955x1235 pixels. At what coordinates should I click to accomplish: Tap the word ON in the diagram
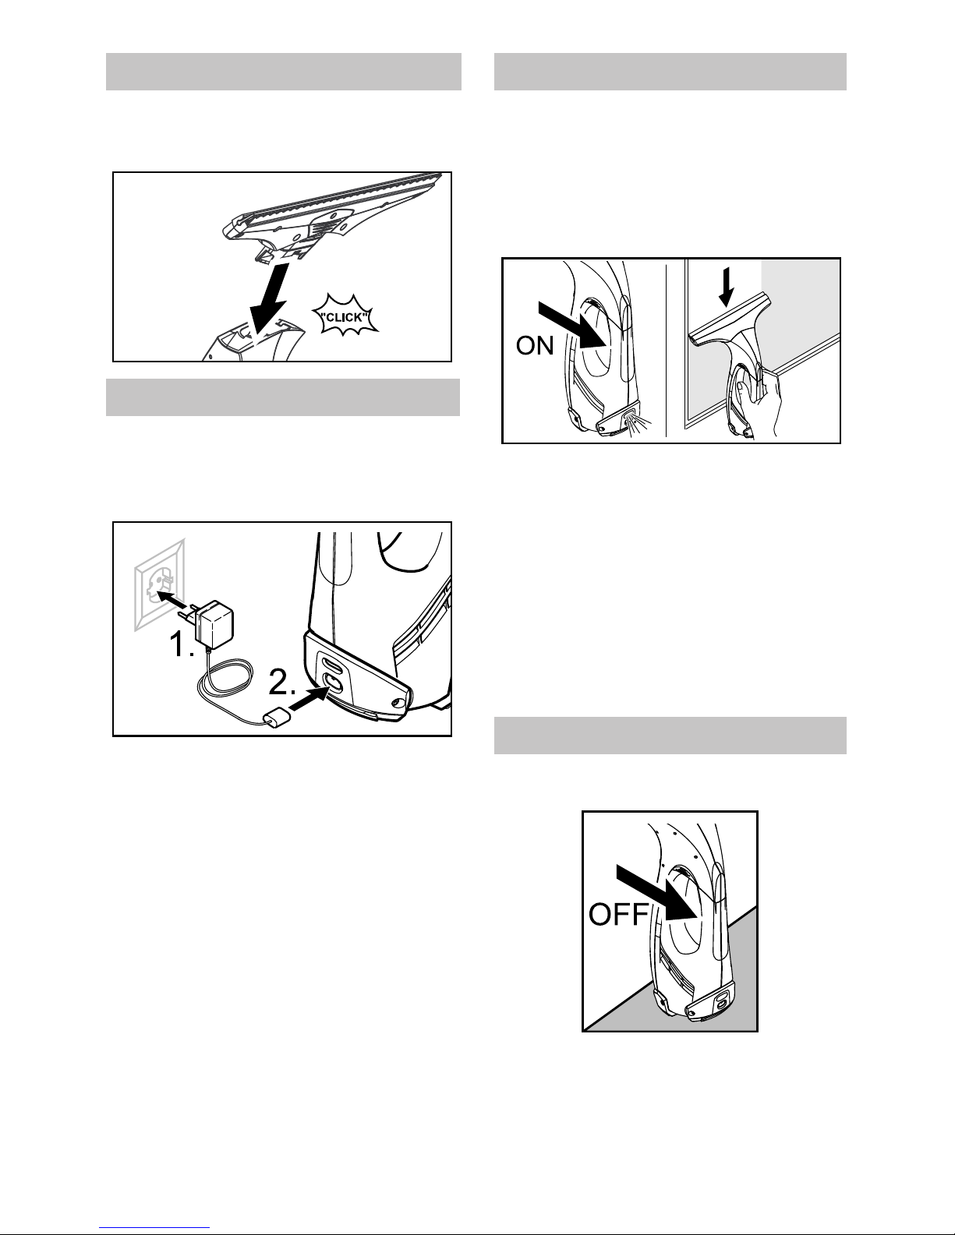(x=534, y=345)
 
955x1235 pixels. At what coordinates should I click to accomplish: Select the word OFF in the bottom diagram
(x=618, y=915)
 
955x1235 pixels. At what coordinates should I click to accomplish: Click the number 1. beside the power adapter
(x=182, y=645)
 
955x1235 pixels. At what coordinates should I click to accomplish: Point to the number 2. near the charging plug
(x=282, y=682)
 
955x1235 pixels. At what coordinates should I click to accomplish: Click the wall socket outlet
(x=160, y=585)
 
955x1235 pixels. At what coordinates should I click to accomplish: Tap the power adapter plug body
(x=211, y=624)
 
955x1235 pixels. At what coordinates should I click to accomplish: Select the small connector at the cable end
(x=277, y=718)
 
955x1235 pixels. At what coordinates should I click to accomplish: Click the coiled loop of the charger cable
(x=224, y=678)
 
